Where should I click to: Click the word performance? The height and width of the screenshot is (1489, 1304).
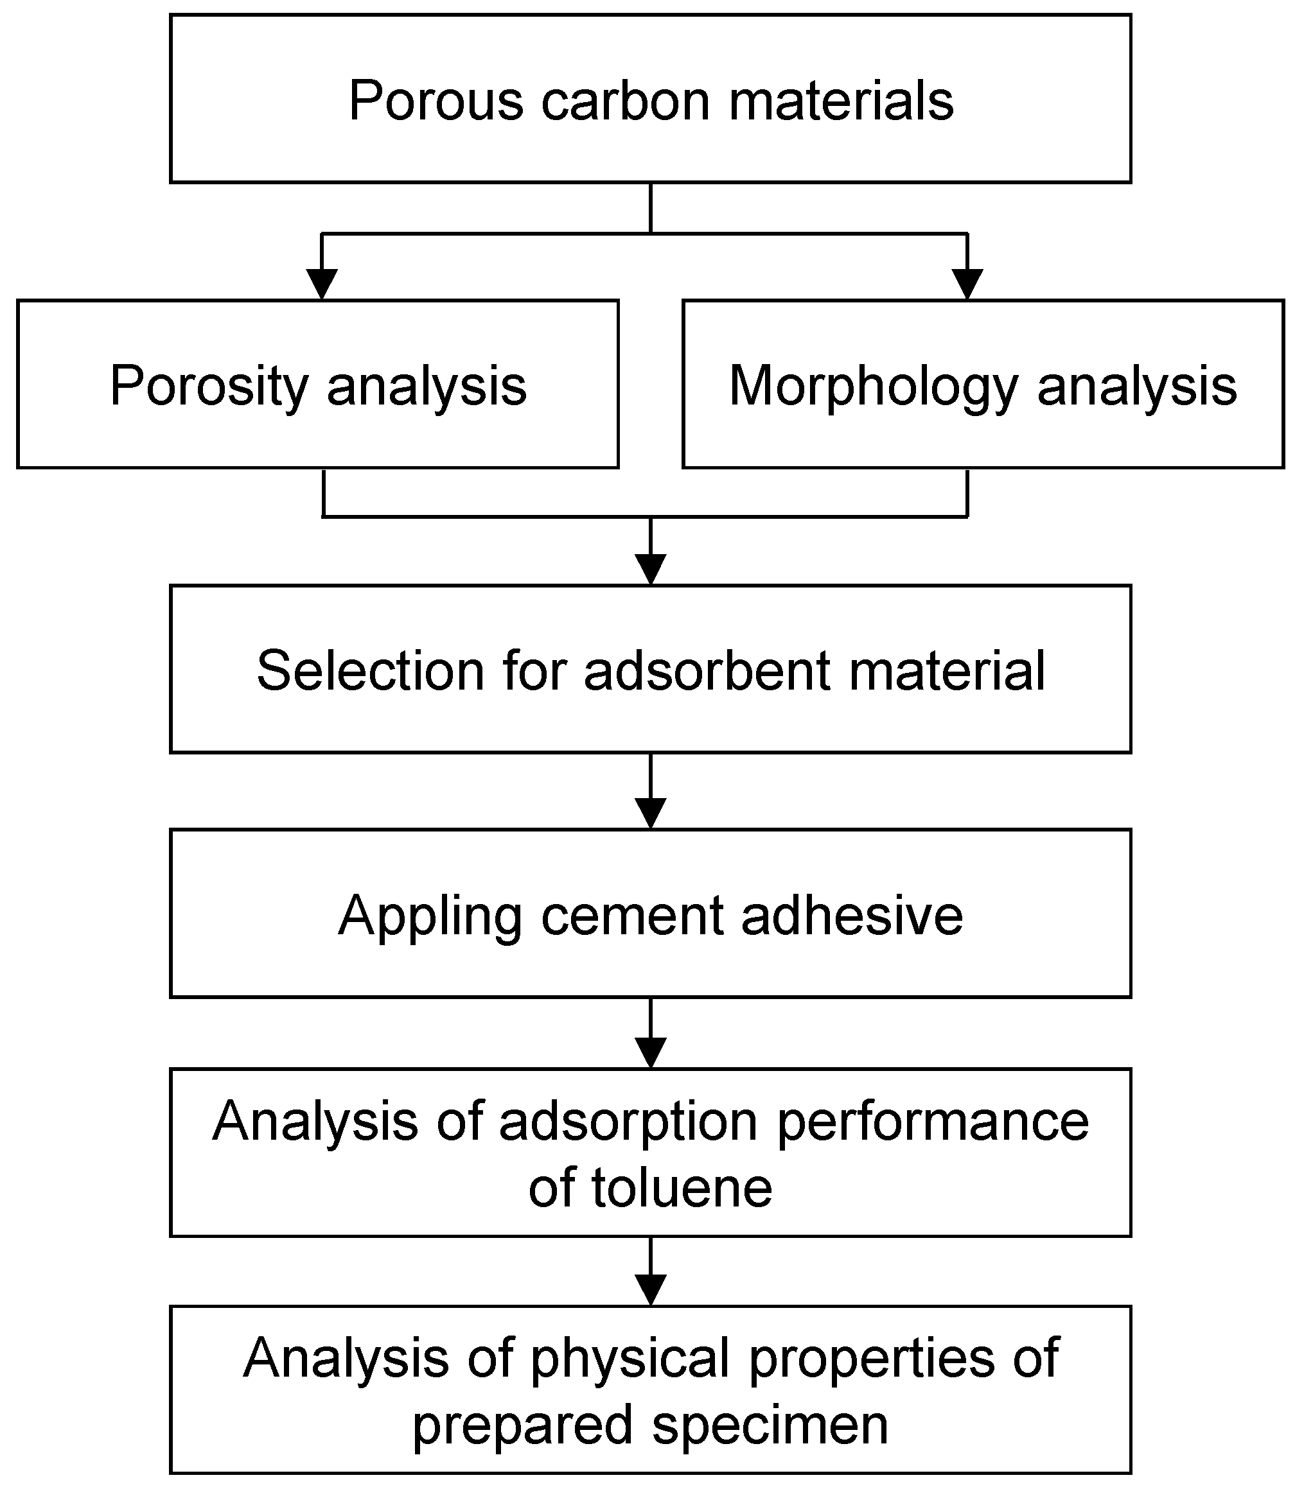pos(933,1121)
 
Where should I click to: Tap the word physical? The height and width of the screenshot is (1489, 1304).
pos(630,1359)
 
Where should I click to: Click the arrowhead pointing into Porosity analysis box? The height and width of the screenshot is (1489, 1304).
pos(322,284)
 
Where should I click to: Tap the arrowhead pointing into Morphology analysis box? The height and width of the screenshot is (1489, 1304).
pos(967,284)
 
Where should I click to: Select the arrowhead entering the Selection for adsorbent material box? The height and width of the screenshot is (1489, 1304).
pos(651,569)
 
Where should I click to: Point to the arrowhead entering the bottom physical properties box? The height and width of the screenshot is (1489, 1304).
pos(651,1290)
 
